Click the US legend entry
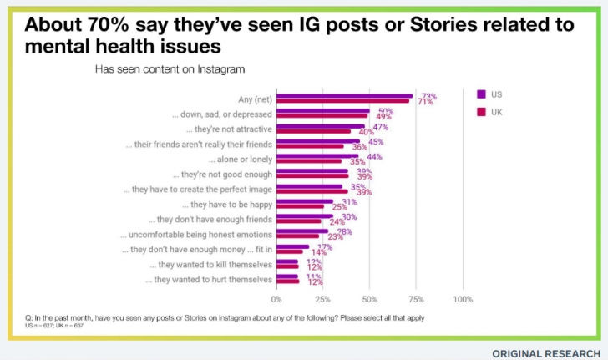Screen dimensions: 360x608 491,94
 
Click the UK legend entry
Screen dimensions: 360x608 491,111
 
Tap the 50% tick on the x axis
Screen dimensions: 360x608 369,298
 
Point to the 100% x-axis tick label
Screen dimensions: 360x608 463,298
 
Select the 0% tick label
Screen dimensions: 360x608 276,298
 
